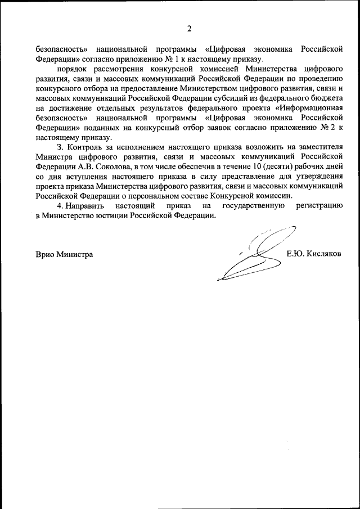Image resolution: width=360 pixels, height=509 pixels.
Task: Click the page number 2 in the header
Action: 190,28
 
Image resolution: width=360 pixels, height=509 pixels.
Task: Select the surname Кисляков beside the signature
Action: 322,254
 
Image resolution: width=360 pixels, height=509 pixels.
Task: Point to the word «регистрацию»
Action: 319,208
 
